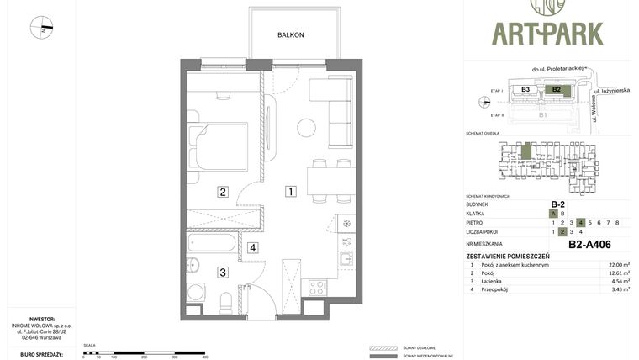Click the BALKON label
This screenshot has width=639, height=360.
pos(291,35)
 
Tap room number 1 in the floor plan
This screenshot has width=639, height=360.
pos(290,192)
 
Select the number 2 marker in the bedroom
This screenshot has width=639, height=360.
pos(223,192)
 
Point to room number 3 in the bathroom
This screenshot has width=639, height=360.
pos(223,272)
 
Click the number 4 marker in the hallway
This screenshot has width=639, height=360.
pos(252,247)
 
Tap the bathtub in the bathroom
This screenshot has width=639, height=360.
pos(213,244)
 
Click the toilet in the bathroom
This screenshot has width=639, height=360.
pos(225,300)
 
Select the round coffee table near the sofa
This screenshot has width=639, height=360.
pos(306,128)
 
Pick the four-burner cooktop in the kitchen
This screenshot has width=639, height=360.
pos(318,288)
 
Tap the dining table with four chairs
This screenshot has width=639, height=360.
pos(330,180)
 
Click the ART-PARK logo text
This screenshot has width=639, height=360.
pos(547,33)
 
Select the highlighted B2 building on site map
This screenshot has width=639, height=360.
pos(555,89)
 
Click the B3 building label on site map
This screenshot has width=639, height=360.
pos(525,89)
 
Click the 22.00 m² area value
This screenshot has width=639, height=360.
pos(620,265)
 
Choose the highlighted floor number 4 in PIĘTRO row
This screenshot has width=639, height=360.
pos(581,222)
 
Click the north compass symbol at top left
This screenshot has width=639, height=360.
pos(41,28)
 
